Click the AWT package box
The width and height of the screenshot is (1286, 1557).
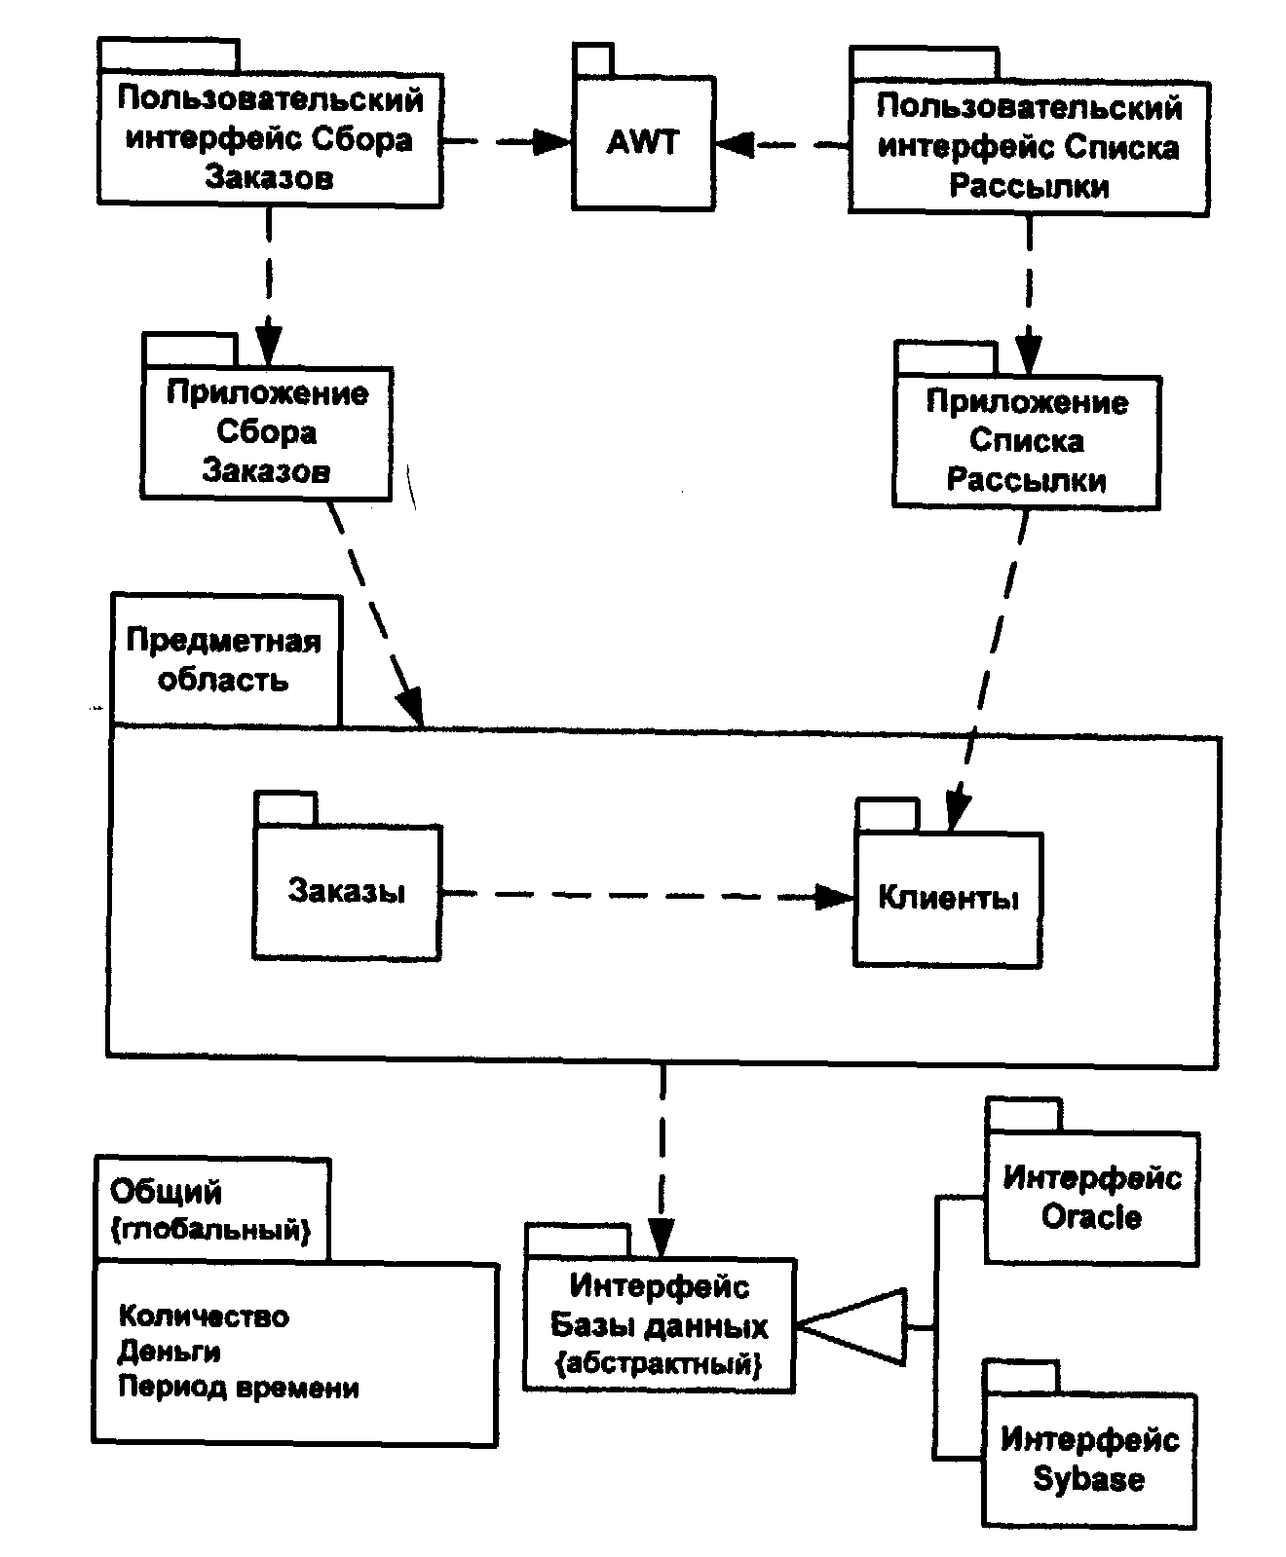coord(643,142)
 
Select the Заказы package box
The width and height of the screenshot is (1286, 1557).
coord(347,892)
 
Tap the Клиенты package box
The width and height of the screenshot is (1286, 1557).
coord(948,898)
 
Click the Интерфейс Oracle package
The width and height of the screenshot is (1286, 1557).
coord(1091,1198)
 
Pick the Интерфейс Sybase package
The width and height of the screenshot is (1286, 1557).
coord(1089,1459)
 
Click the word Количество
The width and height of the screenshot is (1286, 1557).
coord(204,1316)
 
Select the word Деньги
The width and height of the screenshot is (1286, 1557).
coord(170,1352)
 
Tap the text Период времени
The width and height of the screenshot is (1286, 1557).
coord(239,1387)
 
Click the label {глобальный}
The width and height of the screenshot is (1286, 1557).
coord(211,1230)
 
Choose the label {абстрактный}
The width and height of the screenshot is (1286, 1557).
coord(659,1363)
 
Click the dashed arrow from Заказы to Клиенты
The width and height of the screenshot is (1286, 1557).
coord(633,894)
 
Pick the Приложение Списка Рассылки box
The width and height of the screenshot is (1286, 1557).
coord(1027,442)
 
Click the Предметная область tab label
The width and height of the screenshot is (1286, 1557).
coord(224,660)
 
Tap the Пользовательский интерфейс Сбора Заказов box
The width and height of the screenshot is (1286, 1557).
coord(270,138)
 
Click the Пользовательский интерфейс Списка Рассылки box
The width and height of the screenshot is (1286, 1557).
coord(1029,146)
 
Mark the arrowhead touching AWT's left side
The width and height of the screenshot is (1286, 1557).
coord(553,142)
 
